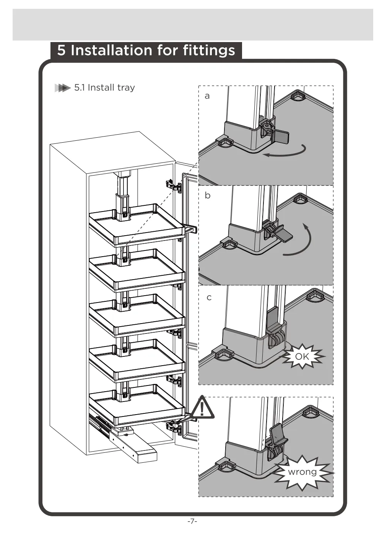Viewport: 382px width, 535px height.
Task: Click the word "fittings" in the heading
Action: [209, 50]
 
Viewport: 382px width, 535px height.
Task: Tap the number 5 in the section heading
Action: [61, 50]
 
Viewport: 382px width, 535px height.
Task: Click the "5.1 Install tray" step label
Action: [104, 88]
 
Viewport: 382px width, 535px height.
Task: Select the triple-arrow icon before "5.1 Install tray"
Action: [63, 88]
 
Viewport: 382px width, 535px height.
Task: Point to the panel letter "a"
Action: [207, 96]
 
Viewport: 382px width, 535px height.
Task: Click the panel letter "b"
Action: [208, 195]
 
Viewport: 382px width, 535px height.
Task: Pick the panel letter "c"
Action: [209, 298]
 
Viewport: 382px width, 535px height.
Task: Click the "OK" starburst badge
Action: [302, 356]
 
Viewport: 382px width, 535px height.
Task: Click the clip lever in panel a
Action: [282, 136]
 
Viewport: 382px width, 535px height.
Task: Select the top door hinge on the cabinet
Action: [173, 185]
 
